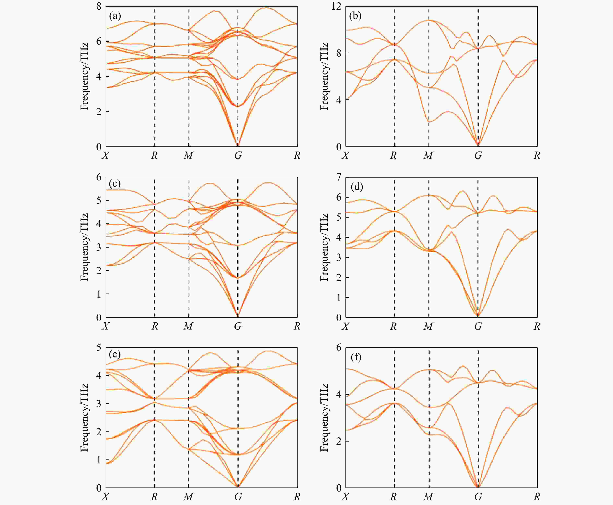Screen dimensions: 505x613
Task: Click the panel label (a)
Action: (x=115, y=16)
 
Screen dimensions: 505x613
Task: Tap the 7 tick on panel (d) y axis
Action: (x=339, y=177)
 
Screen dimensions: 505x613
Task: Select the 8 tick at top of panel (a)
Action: (x=99, y=6)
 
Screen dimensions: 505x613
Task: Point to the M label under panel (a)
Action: (x=188, y=156)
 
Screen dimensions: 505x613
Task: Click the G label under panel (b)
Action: (x=478, y=156)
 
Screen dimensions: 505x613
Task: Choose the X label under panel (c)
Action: (x=105, y=326)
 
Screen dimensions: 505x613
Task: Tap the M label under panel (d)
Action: (x=428, y=326)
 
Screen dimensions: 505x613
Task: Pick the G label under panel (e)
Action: (x=238, y=497)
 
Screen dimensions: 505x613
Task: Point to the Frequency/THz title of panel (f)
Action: (x=324, y=418)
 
